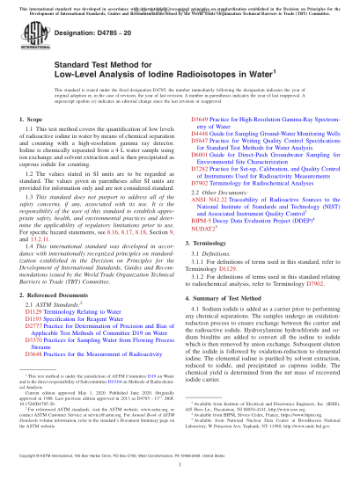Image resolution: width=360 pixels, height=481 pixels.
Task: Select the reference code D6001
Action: (200, 180)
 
